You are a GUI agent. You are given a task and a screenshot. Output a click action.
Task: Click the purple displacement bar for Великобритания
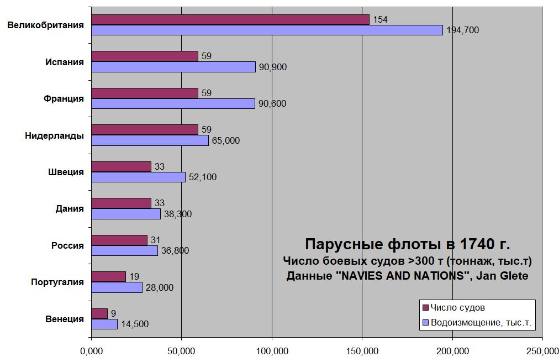click(267, 30)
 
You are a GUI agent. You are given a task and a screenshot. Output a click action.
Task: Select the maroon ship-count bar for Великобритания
click(230, 19)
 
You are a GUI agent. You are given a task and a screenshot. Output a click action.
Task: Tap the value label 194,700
click(462, 30)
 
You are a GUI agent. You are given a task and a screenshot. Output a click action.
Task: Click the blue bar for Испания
click(173, 67)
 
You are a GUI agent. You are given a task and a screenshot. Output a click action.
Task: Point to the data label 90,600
click(272, 104)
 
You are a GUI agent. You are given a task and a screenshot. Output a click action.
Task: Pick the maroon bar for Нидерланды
click(144, 129)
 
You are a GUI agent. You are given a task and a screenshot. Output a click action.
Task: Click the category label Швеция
click(66, 172)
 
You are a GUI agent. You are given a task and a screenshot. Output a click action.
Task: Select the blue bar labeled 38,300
click(125, 214)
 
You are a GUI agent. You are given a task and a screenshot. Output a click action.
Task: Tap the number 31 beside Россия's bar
click(155, 240)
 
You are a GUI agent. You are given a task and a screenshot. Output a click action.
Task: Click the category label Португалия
click(57, 282)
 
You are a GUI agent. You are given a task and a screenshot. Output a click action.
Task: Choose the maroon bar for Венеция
click(99, 313)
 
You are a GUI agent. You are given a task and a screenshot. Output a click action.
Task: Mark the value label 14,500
click(135, 324)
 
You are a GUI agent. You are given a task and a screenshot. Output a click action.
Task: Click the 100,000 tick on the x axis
click(272, 350)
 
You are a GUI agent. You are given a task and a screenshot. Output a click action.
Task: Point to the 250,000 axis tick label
click(542, 350)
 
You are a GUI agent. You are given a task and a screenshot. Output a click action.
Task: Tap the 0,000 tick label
click(91, 350)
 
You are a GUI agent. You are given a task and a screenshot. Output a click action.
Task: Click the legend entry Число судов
click(457, 307)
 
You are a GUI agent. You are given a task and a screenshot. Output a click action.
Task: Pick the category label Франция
click(64, 98)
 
